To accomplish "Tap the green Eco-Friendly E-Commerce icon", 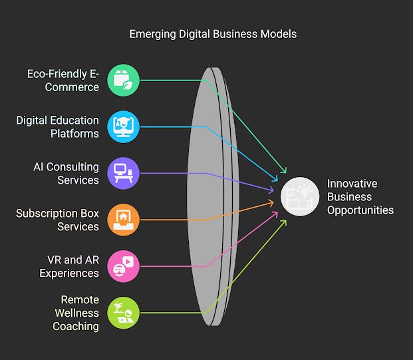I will [x=124, y=80].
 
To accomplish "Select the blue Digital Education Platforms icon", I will [x=124, y=126].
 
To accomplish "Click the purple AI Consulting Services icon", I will [x=124, y=173].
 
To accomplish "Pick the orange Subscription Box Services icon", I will [x=124, y=220].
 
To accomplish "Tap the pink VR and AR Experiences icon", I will [x=124, y=266].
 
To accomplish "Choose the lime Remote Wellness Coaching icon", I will [x=124, y=313].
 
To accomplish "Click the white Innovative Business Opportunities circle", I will [x=300, y=196].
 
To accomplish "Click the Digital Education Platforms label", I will [x=57, y=126].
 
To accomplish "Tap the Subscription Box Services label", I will [x=57, y=220].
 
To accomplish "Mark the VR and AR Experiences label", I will [x=69, y=266].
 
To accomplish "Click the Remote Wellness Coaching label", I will [x=76, y=313].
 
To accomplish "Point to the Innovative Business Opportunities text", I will [x=360, y=196].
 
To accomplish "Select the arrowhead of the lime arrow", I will [x=284, y=222].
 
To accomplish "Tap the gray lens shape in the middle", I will [x=211, y=196].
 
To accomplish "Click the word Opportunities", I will [x=360, y=210].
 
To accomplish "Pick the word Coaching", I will [x=76, y=326].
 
